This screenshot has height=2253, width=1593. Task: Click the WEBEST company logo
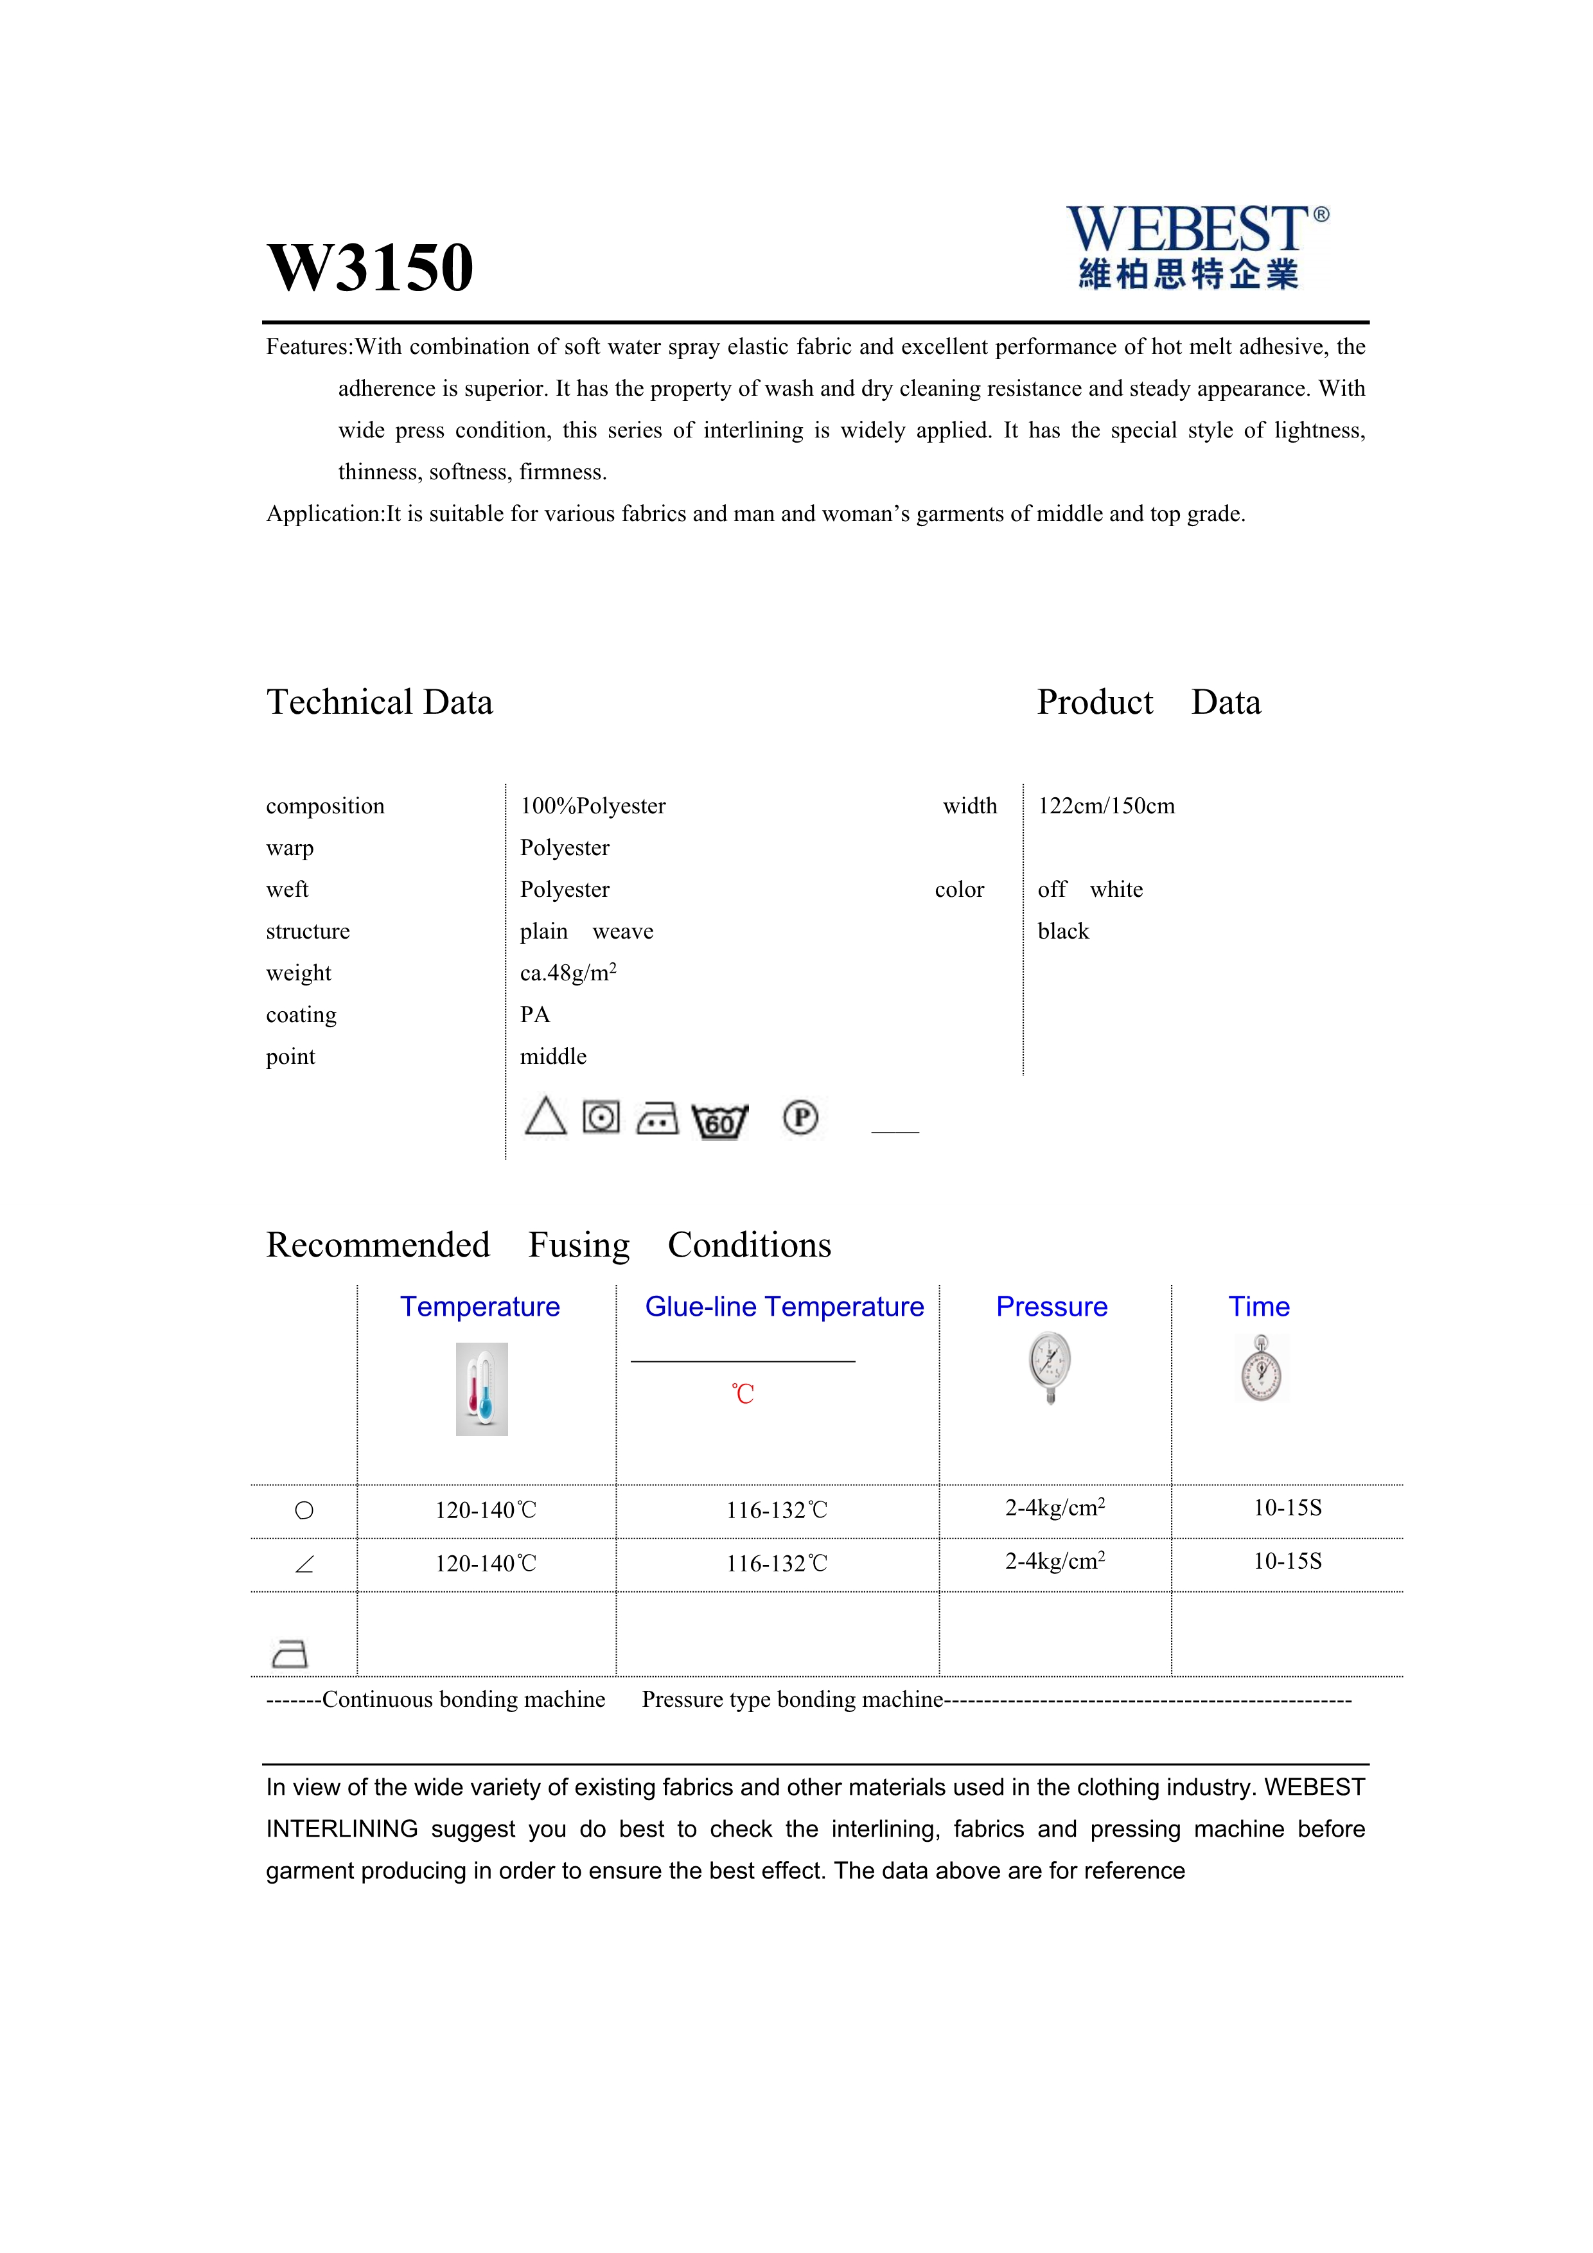(x=1196, y=247)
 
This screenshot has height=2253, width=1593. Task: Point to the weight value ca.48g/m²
(x=568, y=973)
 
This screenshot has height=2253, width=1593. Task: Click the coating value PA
(x=534, y=1014)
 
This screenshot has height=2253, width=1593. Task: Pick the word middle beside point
(x=553, y=1057)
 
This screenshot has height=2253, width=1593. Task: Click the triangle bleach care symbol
(x=545, y=1117)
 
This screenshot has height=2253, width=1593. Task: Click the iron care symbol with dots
(x=657, y=1118)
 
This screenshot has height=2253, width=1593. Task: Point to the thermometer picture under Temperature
(x=482, y=1388)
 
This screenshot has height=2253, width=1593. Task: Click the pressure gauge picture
(x=1051, y=1367)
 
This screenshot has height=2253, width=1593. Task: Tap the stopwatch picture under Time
(x=1262, y=1369)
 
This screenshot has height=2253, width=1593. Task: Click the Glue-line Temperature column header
(x=784, y=1307)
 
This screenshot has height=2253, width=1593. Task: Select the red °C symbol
(x=743, y=1394)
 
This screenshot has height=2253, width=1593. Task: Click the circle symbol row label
(x=304, y=1510)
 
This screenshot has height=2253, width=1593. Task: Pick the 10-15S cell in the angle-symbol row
(x=1287, y=1561)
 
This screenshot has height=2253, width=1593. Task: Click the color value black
(x=1063, y=932)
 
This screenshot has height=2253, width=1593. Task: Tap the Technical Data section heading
(x=380, y=703)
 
